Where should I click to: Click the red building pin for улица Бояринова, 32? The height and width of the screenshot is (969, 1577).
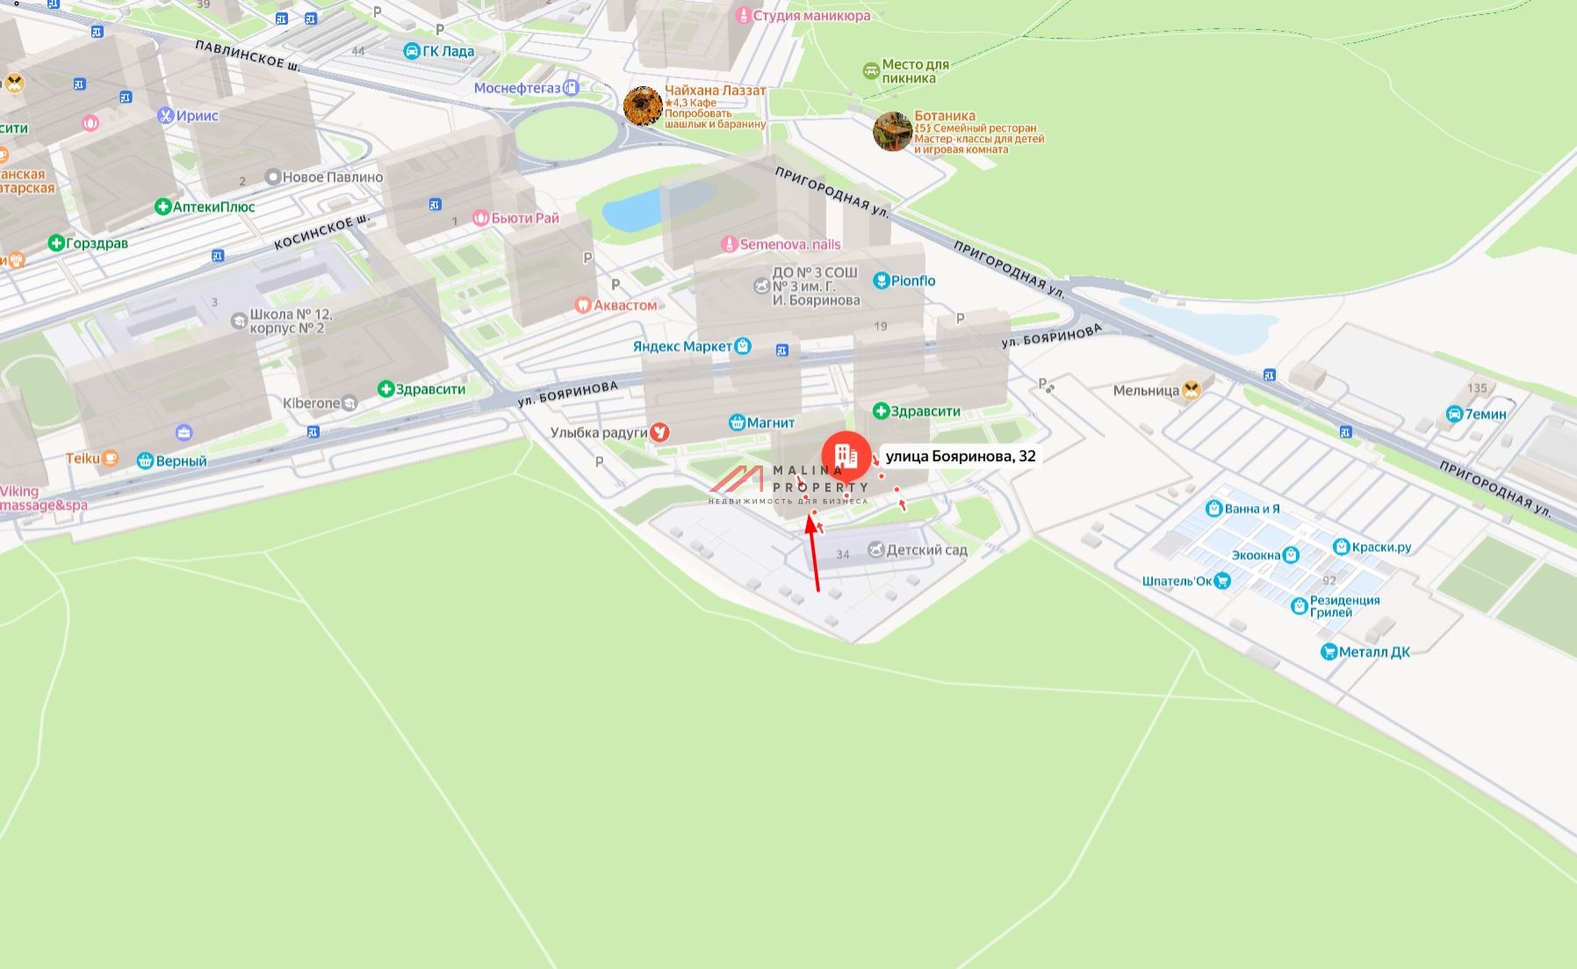(x=846, y=456)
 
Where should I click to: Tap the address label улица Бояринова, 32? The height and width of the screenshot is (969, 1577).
(x=960, y=456)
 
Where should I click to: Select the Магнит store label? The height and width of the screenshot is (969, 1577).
(x=770, y=423)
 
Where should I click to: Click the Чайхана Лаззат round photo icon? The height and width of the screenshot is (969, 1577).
(x=643, y=106)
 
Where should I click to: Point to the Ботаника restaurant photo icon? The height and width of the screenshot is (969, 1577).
(x=892, y=132)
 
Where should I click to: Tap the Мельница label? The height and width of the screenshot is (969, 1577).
(x=1146, y=391)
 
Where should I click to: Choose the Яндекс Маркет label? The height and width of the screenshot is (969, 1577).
(x=682, y=346)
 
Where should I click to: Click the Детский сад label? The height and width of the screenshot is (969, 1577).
(x=926, y=550)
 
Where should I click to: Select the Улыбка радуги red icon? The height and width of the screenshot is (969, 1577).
(x=659, y=432)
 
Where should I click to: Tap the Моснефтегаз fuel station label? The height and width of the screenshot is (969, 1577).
(x=517, y=88)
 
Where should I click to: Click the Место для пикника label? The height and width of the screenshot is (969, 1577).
(x=915, y=71)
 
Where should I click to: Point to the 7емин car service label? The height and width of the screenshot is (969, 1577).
(x=1485, y=414)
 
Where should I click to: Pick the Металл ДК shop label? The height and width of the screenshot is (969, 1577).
(x=1374, y=652)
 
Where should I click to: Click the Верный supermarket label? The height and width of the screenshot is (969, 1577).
(x=181, y=460)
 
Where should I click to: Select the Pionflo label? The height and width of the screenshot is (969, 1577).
(x=912, y=281)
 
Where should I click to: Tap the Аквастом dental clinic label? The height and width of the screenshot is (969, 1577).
(x=625, y=305)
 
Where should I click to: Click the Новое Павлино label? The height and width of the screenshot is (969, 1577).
(x=332, y=177)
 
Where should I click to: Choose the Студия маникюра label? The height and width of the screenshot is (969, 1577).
(x=811, y=15)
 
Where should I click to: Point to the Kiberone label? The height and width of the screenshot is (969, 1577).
(x=312, y=403)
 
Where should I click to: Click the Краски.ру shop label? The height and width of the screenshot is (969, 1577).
(x=1381, y=547)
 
